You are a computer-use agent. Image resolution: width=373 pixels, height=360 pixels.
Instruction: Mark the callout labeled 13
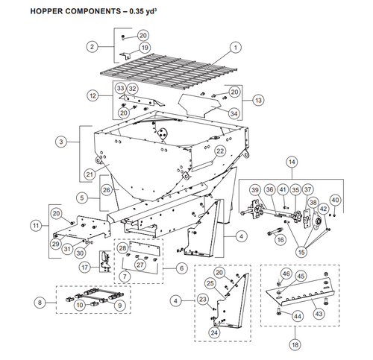tap(258, 99)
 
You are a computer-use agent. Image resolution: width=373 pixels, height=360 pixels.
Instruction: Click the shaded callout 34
tap(233, 113)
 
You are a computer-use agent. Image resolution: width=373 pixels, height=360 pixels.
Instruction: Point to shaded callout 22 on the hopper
tap(220, 150)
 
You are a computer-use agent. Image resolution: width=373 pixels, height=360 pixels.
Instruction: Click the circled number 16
tap(280, 239)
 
